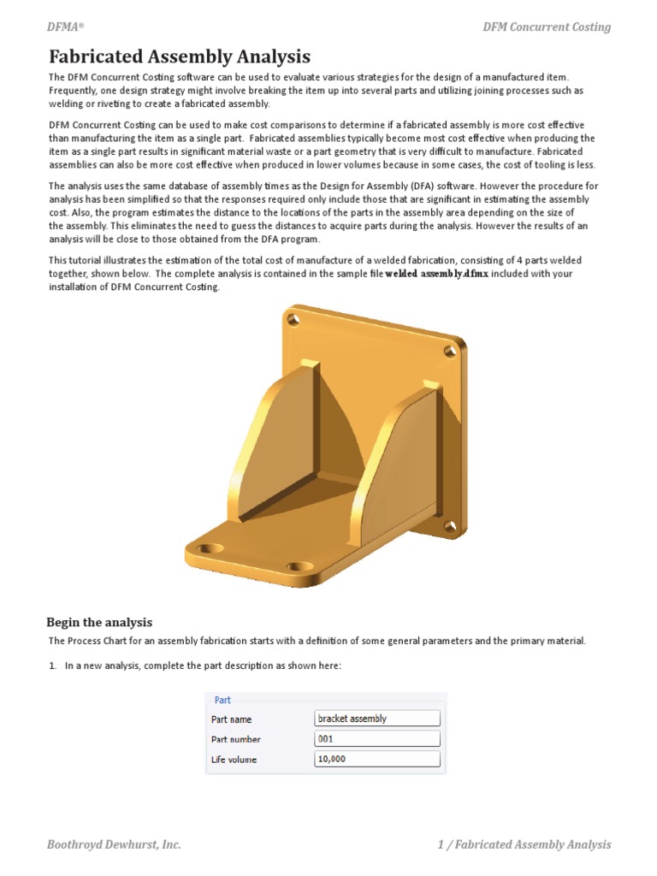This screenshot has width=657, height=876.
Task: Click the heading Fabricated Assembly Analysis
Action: pyautogui.click(x=180, y=57)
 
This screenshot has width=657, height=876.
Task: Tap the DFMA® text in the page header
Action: pyautogui.click(x=65, y=27)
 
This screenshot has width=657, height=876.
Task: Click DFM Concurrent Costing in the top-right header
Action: pyautogui.click(x=547, y=27)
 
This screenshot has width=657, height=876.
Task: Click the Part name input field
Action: pyautogui.click(x=377, y=719)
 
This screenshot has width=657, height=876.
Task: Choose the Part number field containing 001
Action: pyautogui.click(x=377, y=739)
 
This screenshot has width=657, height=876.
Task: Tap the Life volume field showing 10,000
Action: pyautogui.click(x=377, y=760)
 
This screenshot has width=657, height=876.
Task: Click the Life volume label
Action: pyautogui.click(x=234, y=760)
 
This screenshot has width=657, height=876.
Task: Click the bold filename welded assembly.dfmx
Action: pyautogui.click(x=436, y=274)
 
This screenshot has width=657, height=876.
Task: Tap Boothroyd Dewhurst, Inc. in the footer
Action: pyautogui.click(x=114, y=844)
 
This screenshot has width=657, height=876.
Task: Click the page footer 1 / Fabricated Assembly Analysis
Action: pyautogui.click(x=524, y=844)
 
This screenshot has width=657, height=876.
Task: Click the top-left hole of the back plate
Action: pyautogui.click(x=293, y=319)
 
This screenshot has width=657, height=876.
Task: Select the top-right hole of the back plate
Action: pyautogui.click(x=450, y=350)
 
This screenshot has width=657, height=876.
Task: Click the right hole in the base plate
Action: pyautogui.click(x=299, y=566)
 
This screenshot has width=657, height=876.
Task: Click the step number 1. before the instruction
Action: pyautogui.click(x=52, y=666)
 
